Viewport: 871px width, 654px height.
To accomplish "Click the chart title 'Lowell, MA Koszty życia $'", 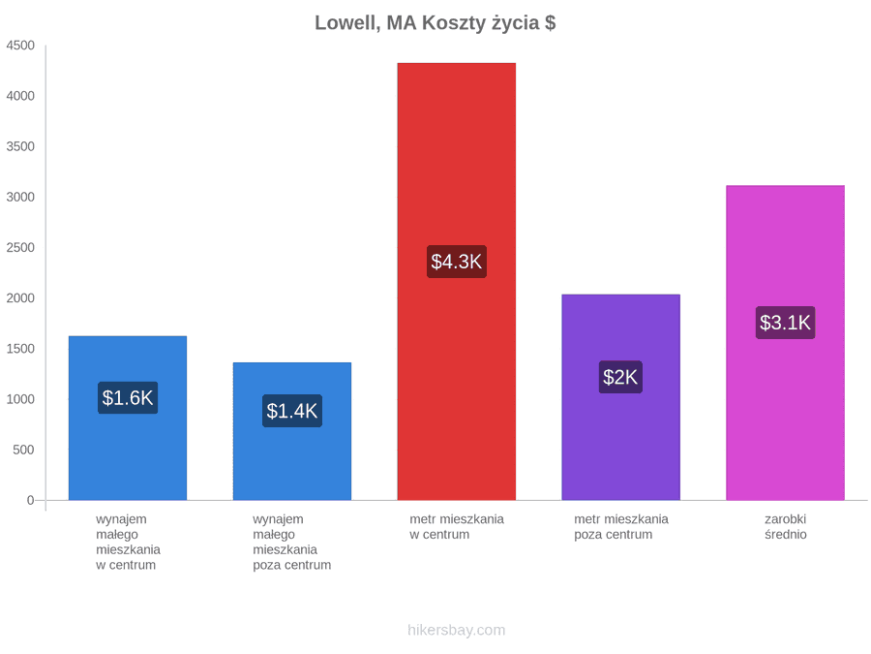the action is click(435, 23).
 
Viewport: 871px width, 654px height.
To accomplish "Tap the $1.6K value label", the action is click(128, 397).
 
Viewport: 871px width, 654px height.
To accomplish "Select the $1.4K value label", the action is click(292, 411).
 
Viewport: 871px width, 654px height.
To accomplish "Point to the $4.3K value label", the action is click(457, 262).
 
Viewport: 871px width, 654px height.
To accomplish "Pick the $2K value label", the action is click(620, 377).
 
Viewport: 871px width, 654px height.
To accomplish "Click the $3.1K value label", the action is click(786, 323).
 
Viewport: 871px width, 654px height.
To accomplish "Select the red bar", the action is click(457, 281).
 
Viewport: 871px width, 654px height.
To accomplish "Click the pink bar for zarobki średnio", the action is click(786, 343).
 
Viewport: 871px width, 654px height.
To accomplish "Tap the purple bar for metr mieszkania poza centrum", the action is click(621, 397).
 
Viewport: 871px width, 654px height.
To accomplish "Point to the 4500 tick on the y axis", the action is click(20, 46).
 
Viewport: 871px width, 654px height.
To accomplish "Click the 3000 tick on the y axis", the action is click(20, 197).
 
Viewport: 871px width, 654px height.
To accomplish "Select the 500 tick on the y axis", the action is click(23, 450).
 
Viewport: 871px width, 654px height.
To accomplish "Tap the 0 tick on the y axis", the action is click(31, 501).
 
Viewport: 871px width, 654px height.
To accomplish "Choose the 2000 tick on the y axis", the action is click(20, 298).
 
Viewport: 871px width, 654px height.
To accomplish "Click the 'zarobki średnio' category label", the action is click(786, 527).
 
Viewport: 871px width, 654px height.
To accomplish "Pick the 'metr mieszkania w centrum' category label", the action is click(457, 527).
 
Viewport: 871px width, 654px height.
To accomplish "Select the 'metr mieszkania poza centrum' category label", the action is click(621, 527).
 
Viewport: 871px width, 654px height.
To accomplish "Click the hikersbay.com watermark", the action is click(457, 630).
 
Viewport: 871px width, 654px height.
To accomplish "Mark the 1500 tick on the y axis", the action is click(20, 349).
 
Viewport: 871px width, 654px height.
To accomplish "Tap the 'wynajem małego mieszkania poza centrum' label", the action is click(291, 543).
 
